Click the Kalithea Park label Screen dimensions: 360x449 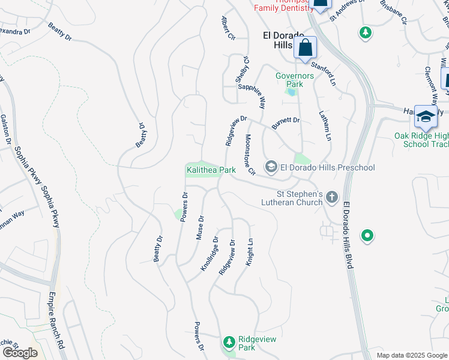tap(210, 170)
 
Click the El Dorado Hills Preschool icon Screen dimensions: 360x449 tap(271, 167)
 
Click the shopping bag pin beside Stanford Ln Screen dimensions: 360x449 tap(305, 47)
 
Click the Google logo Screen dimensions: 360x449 tap(20, 352)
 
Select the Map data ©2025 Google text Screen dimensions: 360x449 tap(411, 355)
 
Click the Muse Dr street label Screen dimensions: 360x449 tap(200, 228)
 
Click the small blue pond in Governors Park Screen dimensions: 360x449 tap(292, 92)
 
